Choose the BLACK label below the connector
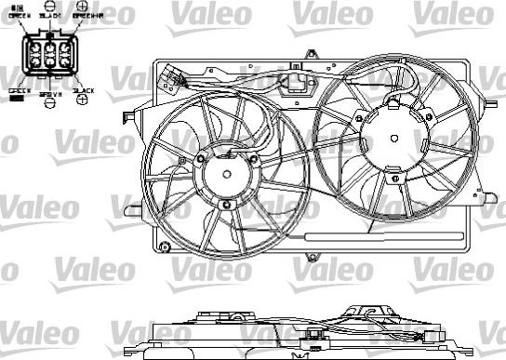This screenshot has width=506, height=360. tap(83, 90)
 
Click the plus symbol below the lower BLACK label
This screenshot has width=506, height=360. tap(83, 99)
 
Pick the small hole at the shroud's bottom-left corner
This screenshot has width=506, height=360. tap(165, 247)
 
